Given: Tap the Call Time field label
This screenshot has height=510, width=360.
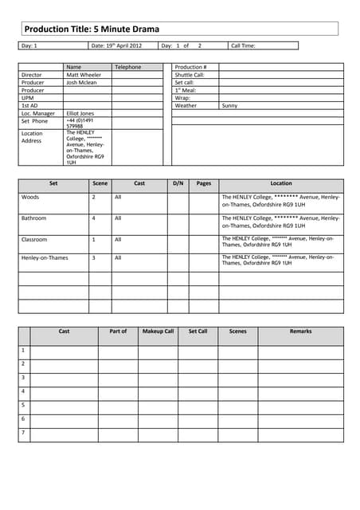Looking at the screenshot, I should (x=243, y=46).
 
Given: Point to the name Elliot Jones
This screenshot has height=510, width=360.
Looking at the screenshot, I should (x=80, y=113).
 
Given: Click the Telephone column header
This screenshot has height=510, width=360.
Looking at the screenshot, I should (x=127, y=67).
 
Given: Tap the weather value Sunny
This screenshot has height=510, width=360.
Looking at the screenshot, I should (x=229, y=105).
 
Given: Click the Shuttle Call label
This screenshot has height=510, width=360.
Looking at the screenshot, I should (x=190, y=75).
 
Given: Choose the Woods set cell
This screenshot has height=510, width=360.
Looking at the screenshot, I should (x=29, y=196).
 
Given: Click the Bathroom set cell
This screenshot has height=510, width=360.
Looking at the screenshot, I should (x=33, y=218).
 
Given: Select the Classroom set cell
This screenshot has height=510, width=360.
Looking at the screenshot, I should (x=34, y=239).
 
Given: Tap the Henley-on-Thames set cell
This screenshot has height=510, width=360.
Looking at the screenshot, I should (x=45, y=258).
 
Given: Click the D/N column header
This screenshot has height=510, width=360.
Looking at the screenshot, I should (x=178, y=183).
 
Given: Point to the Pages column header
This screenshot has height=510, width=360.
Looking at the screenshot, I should (x=204, y=183).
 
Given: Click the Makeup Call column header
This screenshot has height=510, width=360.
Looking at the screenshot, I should (x=158, y=331).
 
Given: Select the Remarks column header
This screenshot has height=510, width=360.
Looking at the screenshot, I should (x=300, y=331).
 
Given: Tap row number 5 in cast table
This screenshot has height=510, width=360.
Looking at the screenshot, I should (x=23, y=405).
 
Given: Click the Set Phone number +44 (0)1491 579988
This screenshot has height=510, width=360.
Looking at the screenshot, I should (x=80, y=123).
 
